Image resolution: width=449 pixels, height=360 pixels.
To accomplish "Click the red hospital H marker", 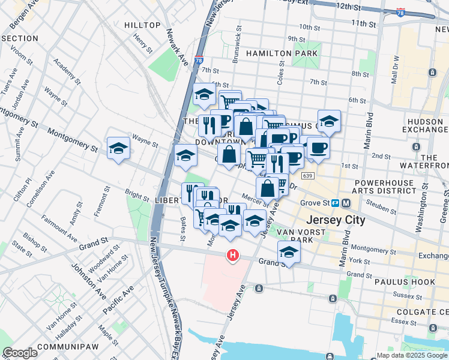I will click(x=232, y=256).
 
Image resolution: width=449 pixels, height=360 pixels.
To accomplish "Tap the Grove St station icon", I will click(x=338, y=203).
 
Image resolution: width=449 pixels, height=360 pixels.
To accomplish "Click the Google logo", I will click(x=20, y=353).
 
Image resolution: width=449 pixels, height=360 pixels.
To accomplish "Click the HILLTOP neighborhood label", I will click(x=142, y=25).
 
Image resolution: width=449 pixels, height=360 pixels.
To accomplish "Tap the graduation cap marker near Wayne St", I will click(x=118, y=148).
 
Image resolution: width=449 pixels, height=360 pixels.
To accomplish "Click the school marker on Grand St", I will click(x=289, y=252).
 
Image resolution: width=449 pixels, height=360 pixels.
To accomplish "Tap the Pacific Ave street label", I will click(x=118, y=302).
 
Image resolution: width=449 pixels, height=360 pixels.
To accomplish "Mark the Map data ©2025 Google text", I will click(x=412, y=355).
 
